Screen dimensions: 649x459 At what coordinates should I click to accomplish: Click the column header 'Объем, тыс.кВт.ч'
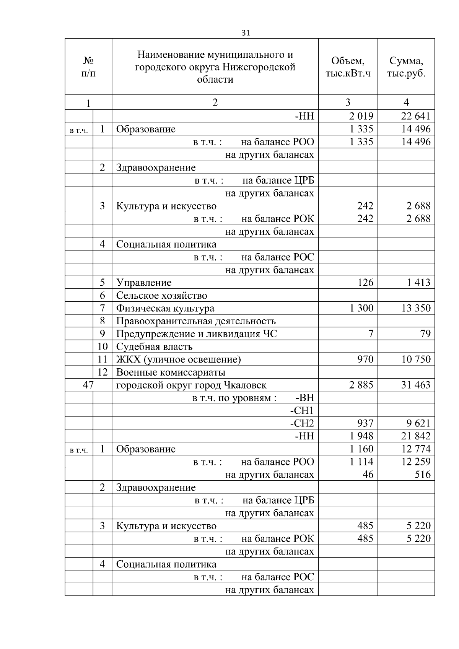(x=348, y=67)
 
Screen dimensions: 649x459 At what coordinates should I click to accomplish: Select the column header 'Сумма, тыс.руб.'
(x=406, y=67)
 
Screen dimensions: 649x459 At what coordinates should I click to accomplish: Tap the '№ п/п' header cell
(x=88, y=67)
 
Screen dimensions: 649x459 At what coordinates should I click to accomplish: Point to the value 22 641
(x=416, y=116)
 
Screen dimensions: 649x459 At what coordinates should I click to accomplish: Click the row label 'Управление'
(x=144, y=283)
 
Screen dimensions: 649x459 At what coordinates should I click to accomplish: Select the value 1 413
(x=419, y=283)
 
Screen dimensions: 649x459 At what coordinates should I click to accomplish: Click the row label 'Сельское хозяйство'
(x=161, y=296)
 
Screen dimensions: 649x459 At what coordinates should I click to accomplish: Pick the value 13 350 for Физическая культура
(x=416, y=308)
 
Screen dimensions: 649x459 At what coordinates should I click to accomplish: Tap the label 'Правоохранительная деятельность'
(x=196, y=321)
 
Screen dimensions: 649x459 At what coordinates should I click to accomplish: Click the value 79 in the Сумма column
(x=425, y=334)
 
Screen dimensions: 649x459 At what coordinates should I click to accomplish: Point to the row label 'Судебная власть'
(x=154, y=347)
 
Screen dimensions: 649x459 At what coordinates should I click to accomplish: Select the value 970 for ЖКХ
(x=365, y=359)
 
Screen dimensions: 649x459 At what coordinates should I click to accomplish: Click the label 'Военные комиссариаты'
(x=171, y=372)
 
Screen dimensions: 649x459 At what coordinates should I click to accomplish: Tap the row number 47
(x=88, y=385)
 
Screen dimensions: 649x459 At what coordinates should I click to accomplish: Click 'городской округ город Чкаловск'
(x=191, y=385)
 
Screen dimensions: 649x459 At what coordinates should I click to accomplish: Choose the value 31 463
(x=416, y=385)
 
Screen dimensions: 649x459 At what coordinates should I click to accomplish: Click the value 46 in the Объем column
(x=368, y=475)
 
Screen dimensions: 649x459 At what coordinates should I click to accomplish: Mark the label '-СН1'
(x=302, y=411)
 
